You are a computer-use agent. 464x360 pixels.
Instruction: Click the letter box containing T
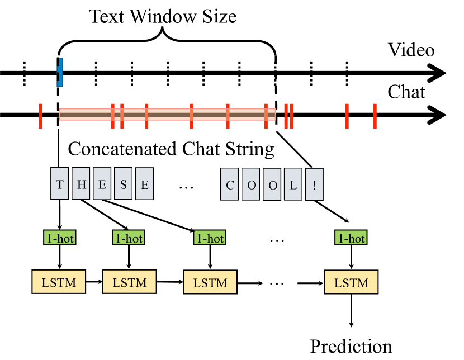coord(60,183)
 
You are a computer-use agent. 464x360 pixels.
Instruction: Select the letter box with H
coord(81,183)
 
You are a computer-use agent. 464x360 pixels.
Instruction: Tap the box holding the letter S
coord(124,183)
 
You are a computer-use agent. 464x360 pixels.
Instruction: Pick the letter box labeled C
coord(229,184)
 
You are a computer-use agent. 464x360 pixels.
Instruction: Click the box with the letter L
coord(293,184)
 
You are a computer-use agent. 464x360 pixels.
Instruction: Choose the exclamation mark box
coord(314,184)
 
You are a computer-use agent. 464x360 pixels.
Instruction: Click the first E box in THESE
coord(102,183)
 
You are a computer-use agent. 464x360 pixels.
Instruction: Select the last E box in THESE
coord(144,183)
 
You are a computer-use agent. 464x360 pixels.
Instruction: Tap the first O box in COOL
coord(251,184)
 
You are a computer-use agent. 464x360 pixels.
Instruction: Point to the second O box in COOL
coord(272,184)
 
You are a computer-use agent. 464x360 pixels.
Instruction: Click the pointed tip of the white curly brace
coord(163,33)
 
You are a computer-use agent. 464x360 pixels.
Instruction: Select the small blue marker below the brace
coord(60,72)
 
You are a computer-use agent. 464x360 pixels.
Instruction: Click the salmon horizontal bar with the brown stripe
coord(168,115)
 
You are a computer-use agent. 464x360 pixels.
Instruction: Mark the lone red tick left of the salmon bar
coord(40,116)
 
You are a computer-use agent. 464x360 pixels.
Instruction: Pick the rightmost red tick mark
coord(375,116)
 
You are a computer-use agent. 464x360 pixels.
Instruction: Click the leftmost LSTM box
coord(59,281)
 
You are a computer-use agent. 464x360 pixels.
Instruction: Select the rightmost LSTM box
coord(351,282)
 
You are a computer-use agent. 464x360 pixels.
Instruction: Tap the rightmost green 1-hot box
coord(351,238)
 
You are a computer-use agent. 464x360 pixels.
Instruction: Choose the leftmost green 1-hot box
coord(59,238)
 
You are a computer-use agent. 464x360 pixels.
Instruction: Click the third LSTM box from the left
coord(210,282)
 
